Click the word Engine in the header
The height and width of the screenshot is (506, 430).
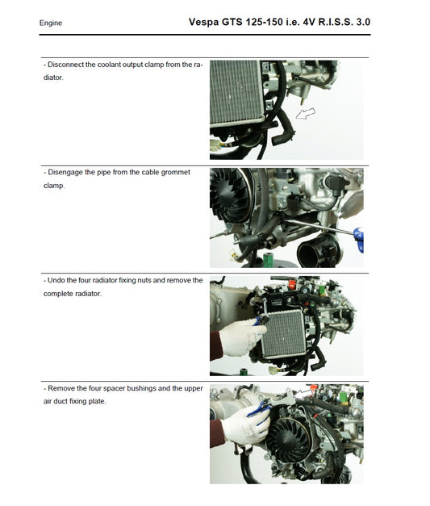click(50, 23)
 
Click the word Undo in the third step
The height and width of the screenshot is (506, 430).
click(56, 280)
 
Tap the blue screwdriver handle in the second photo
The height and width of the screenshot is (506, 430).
click(357, 240)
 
